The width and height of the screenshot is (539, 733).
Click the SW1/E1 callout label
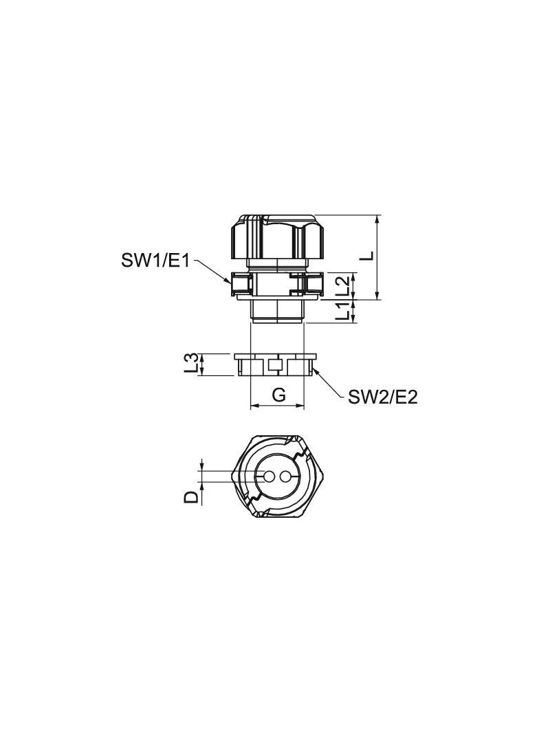pyautogui.click(x=155, y=261)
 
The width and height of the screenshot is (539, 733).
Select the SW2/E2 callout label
pyautogui.click(x=383, y=397)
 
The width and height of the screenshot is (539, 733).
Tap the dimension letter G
pyautogui.click(x=278, y=395)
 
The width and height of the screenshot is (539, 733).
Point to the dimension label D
pyautogui.click(x=192, y=496)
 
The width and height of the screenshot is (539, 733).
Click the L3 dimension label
pyautogui.click(x=192, y=364)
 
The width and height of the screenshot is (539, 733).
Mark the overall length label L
pyautogui.click(x=369, y=255)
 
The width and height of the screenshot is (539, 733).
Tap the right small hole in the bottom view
pyautogui.click(x=285, y=477)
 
